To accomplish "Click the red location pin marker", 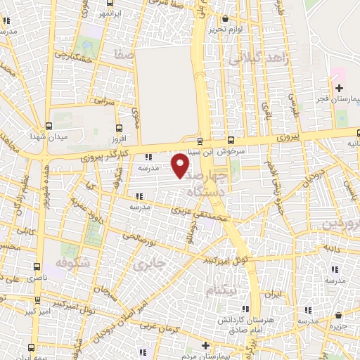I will [x=181, y=165].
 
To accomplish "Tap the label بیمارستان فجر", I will [x=337, y=100].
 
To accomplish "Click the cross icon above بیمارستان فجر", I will [x=339, y=89].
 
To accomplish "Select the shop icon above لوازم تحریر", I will [x=224, y=19].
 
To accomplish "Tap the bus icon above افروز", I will [x=117, y=128].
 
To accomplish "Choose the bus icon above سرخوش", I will [x=232, y=139].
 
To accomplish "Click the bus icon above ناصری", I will [x=37, y=267].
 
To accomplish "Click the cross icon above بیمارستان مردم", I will [x=205, y=345].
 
